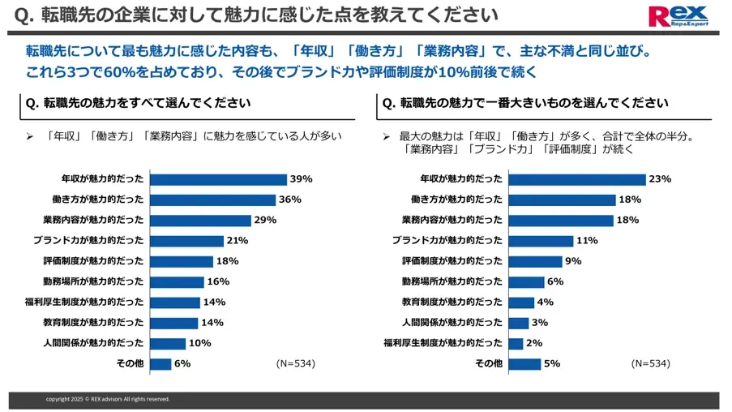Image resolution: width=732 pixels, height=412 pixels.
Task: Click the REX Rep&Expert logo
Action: [678, 16]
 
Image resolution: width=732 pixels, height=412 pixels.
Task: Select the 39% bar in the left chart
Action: [218, 179]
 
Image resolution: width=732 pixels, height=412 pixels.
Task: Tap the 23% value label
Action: [660, 179]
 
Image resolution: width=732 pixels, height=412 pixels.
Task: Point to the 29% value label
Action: [265, 220]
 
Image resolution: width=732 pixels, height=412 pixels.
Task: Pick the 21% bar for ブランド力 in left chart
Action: [186, 241]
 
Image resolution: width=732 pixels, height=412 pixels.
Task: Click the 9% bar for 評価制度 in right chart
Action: [535, 261]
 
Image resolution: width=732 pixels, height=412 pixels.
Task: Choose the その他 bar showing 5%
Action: [524, 364]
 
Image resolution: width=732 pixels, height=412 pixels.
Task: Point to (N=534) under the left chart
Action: [295, 363]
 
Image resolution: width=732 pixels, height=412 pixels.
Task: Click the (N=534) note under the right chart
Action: [650, 363]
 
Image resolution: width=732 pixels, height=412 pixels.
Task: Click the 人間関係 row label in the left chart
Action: [93, 343]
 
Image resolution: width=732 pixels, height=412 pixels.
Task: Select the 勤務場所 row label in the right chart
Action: [452, 281]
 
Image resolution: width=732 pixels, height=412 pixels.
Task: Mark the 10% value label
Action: [199, 343]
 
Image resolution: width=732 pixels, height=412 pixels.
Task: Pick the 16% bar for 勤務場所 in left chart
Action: [177, 281]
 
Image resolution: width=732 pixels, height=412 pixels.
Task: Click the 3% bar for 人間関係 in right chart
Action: [519, 323]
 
